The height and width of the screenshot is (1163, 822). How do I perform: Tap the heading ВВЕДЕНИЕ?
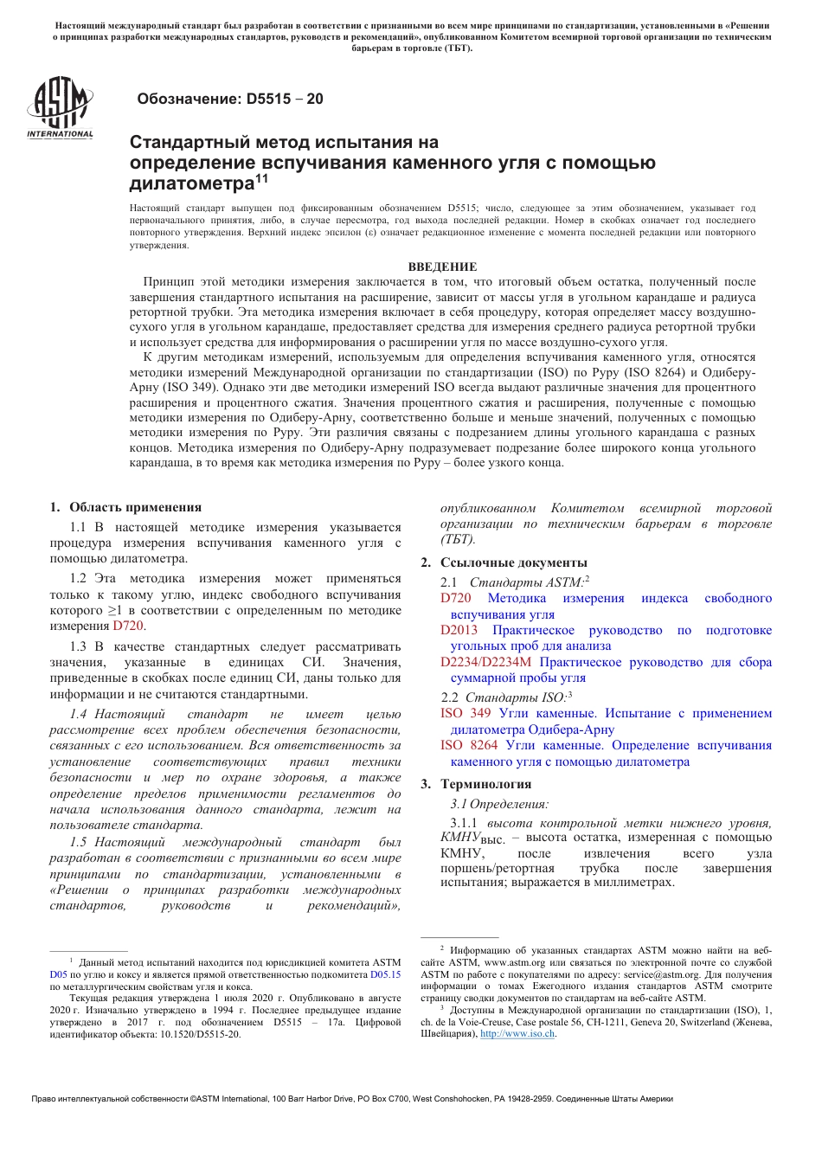442,267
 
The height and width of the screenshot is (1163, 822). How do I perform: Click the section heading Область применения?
135,508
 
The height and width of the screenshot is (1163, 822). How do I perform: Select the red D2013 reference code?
459,630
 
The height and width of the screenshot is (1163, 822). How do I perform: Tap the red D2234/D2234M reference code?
485,662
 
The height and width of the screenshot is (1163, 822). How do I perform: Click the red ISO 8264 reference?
469,745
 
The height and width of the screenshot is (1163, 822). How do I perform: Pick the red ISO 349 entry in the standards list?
466,713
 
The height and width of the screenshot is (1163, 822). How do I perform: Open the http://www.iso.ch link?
517,1033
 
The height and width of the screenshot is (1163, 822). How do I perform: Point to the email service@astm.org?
661,974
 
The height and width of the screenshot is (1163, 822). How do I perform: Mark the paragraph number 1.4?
79,714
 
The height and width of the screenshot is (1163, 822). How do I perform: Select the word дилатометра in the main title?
191,183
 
